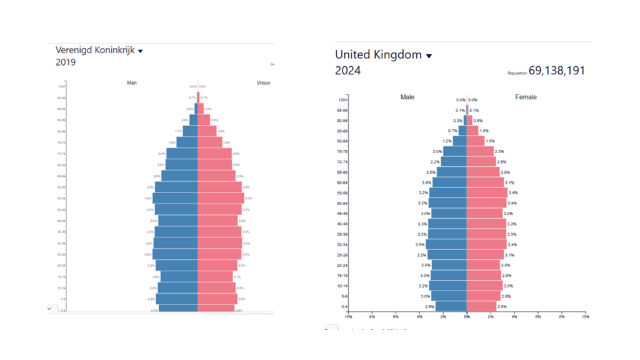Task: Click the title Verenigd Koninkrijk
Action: coord(95,50)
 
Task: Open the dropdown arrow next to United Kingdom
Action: coord(429,56)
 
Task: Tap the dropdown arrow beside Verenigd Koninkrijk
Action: coord(140,51)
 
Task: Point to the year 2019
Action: coord(66,62)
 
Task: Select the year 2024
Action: coord(347,71)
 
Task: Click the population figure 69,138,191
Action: coord(557,71)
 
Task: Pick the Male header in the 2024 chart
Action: coord(407,97)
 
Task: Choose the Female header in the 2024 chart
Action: coord(526,97)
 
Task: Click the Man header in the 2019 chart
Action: coord(132,82)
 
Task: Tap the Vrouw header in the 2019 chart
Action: coord(263,82)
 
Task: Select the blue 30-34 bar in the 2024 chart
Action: coord(446,244)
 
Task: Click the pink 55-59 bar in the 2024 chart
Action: coord(487,192)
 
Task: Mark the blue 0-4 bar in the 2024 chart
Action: coord(451,306)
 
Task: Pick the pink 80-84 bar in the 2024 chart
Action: coord(475,141)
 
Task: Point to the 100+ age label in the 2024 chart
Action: coord(342,100)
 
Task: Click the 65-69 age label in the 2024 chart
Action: coord(342,172)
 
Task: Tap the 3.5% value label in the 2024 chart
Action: coord(420,244)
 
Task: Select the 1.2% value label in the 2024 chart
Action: coord(447,141)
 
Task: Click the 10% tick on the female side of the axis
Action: coord(585,317)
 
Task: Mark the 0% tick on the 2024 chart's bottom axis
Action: coord(467,317)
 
